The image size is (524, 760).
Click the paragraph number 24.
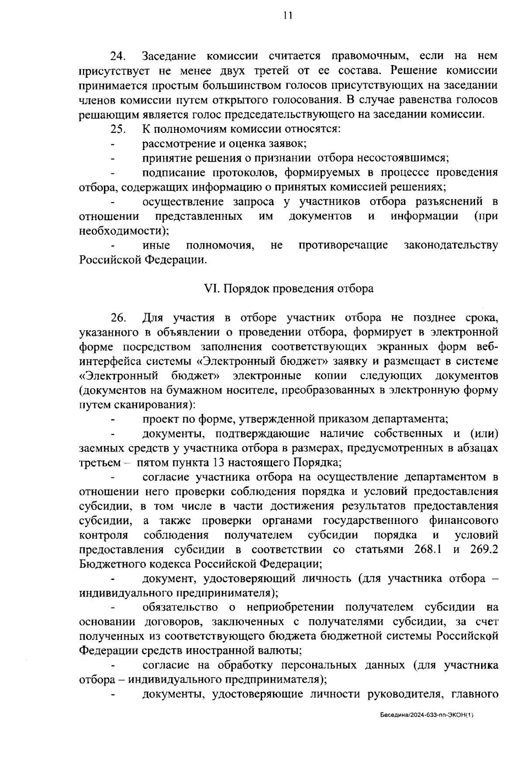[x=118, y=56]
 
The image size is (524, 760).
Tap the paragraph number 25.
[x=118, y=129]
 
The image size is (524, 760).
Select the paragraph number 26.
[x=118, y=318]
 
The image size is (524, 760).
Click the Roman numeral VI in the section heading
[x=211, y=289]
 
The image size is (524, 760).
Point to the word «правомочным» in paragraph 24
[x=369, y=56]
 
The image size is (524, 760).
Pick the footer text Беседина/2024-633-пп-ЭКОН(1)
[x=426, y=715]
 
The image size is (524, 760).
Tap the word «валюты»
[x=281, y=651]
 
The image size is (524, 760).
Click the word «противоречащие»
[x=343, y=245]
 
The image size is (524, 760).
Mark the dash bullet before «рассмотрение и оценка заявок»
[x=113, y=144]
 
